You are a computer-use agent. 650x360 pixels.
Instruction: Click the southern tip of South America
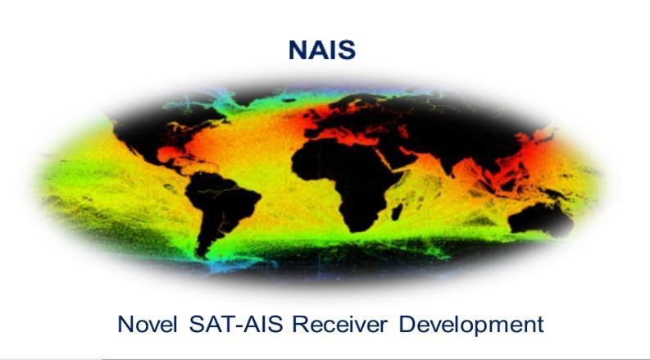(202, 250)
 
